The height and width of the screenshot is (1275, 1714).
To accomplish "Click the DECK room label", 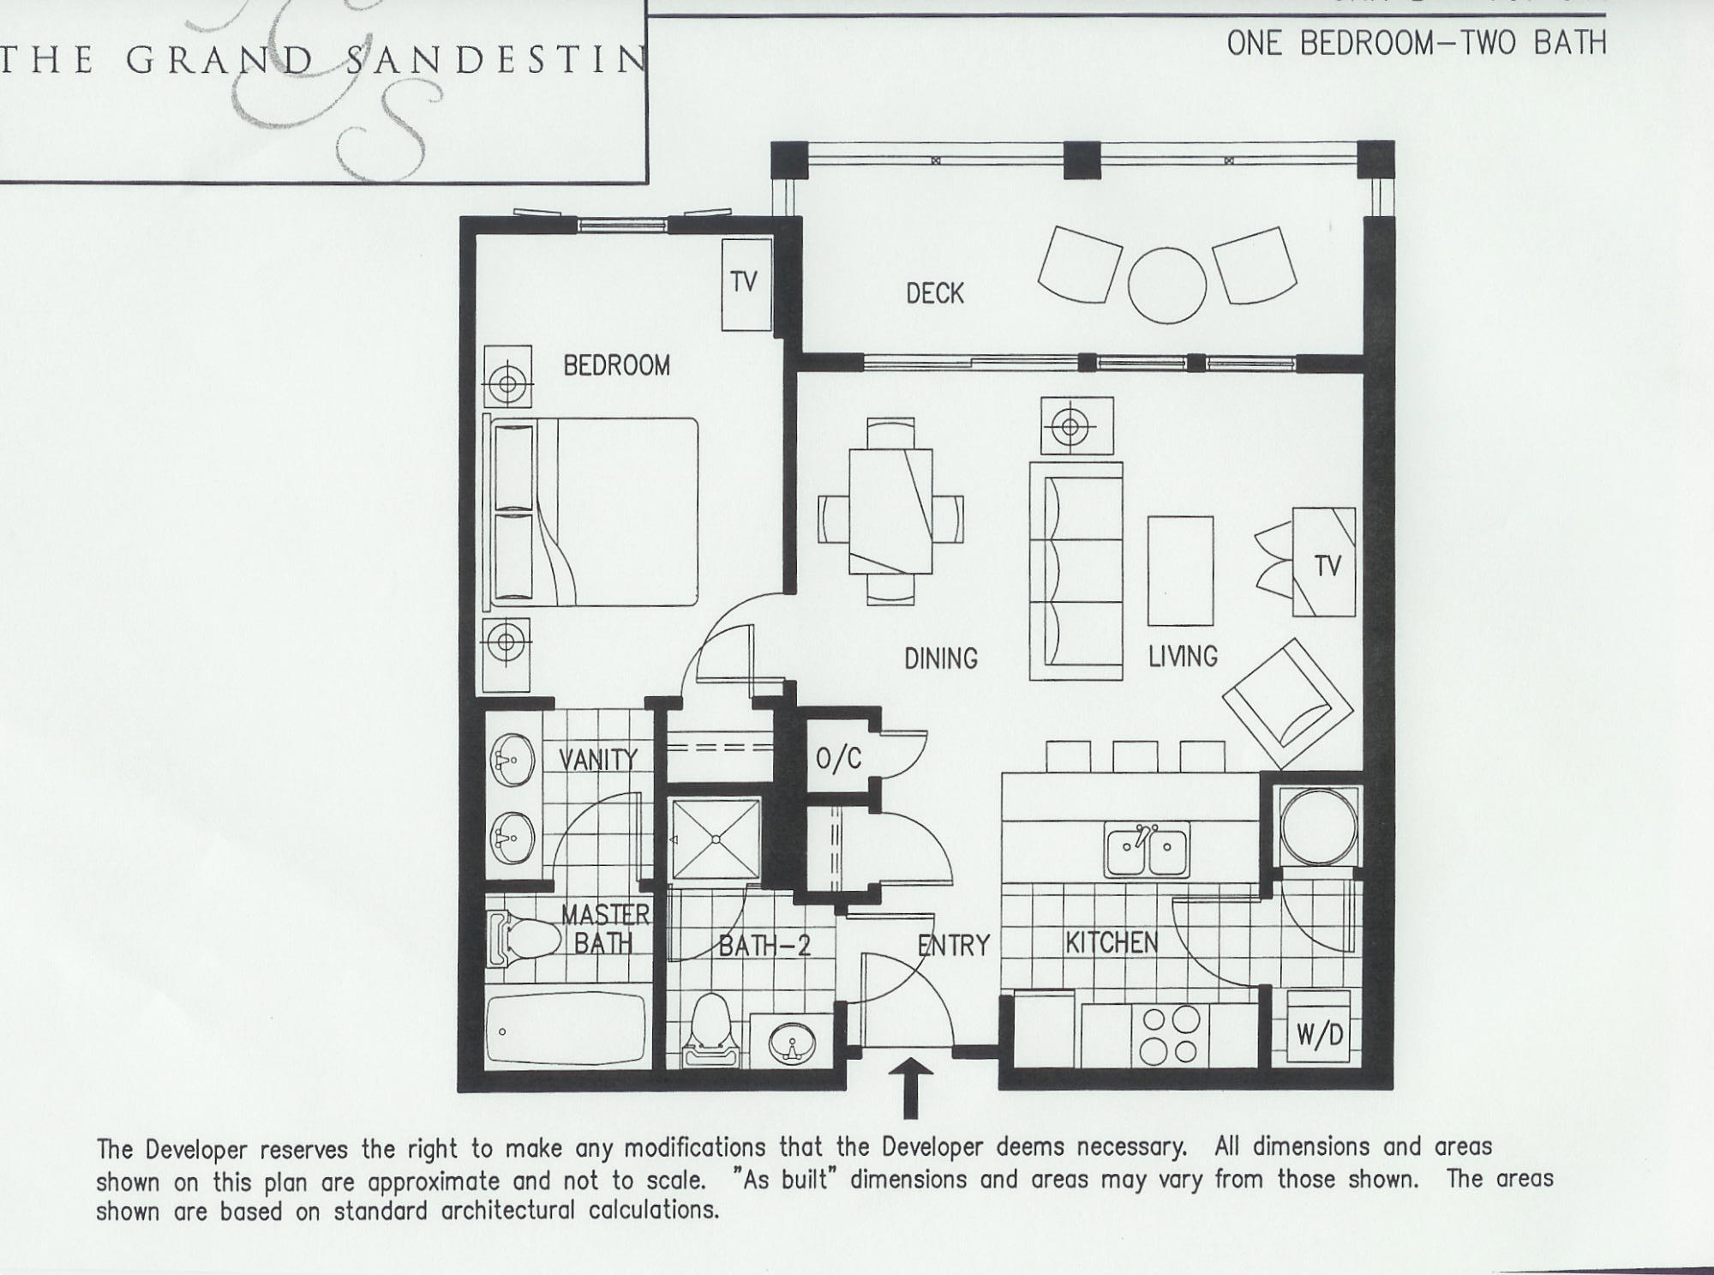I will click(x=935, y=293).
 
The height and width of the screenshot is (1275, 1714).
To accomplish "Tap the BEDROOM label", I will click(x=616, y=366).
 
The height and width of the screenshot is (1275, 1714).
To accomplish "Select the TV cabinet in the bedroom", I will click(x=746, y=285).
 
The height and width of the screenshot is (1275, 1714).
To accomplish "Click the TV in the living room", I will click(x=1325, y=562).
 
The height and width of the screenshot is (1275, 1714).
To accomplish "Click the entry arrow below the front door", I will click(x=911, y=1087).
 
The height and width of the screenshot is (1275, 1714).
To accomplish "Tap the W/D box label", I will click(x=1320, y=1036).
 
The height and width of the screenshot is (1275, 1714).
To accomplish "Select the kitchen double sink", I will click(x=1147, y=850).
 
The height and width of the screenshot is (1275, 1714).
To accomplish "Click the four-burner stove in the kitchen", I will click(x=1172, y=1035).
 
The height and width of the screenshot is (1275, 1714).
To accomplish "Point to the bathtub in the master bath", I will click(x=566, y=1031).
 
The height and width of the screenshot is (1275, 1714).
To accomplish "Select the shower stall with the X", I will click(x=716, y=839).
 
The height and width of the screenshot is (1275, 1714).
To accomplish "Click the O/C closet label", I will click(x=839, y=758).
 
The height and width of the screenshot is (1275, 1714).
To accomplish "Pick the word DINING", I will click(x=941, y=659).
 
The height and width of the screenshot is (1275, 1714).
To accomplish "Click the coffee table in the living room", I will click(x=1180, y=571).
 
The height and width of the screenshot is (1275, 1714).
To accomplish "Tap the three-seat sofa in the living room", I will click(x=1076, y=571).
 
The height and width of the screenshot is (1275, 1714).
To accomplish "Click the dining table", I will click(x=890, y=512).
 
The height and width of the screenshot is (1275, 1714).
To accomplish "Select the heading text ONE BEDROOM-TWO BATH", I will click(x=1416, y=42).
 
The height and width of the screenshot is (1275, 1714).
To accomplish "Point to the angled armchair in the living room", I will click(x=1287, y=704).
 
